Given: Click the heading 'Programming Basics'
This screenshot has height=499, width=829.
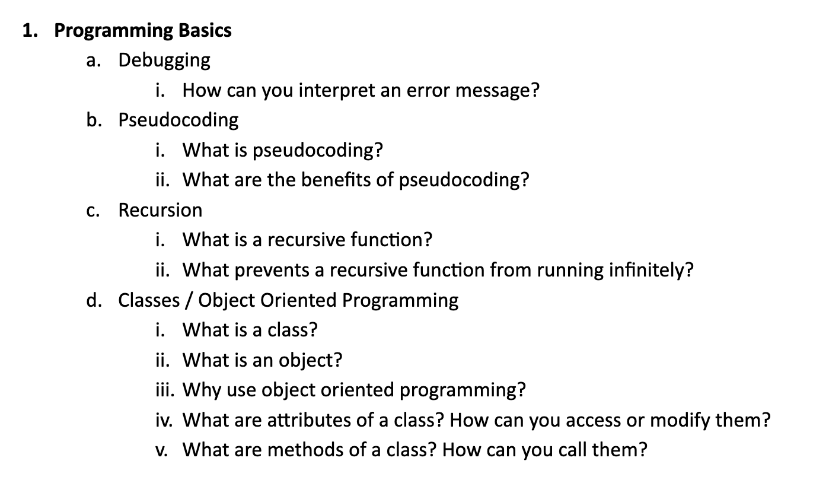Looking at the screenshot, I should pos(143,30).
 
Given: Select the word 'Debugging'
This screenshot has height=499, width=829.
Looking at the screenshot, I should pos(164,60).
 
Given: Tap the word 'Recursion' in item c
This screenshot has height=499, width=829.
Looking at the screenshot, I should pos(160,210).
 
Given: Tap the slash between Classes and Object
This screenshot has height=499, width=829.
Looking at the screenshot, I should pos(188,300).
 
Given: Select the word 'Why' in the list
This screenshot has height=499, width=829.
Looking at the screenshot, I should pos(195,390).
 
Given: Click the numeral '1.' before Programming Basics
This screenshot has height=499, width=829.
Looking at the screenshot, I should pos(31,30).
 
